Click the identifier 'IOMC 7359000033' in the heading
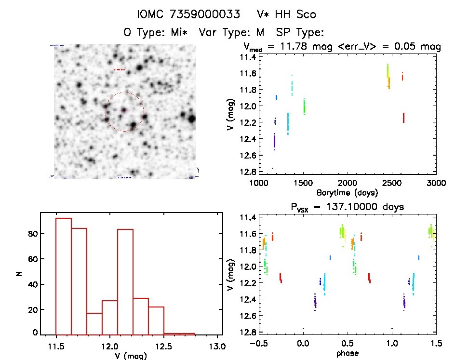click(x=188, y=14)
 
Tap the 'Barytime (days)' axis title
click(x=348, y=192)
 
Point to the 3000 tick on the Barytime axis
click(x=436, y=183)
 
